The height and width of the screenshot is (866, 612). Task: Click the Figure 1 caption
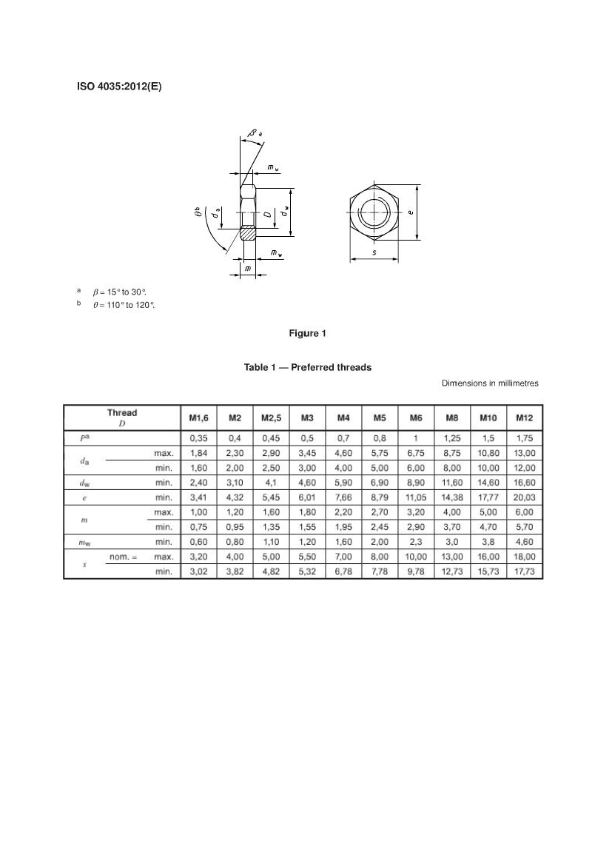point(307,333)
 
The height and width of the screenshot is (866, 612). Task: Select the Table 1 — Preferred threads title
point(308,367)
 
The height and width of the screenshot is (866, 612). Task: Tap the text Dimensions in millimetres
point(490,383)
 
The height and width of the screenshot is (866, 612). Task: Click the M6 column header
point(416,418)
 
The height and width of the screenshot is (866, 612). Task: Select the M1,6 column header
point(198,418)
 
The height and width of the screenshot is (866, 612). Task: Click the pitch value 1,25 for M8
point(452,437)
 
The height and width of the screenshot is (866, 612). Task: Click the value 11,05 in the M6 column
point(416,497)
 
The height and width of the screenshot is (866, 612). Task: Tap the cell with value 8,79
point(380,497)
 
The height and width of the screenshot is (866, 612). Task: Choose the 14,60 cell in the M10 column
point(488,483)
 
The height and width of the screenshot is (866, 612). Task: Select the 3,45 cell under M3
point(307,452)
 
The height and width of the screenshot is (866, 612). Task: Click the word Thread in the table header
point(122,413)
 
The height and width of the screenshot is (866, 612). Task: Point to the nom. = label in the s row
point(124,557)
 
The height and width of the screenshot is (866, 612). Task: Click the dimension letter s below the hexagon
point(374,252)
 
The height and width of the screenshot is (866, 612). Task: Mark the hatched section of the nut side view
point(249,233)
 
